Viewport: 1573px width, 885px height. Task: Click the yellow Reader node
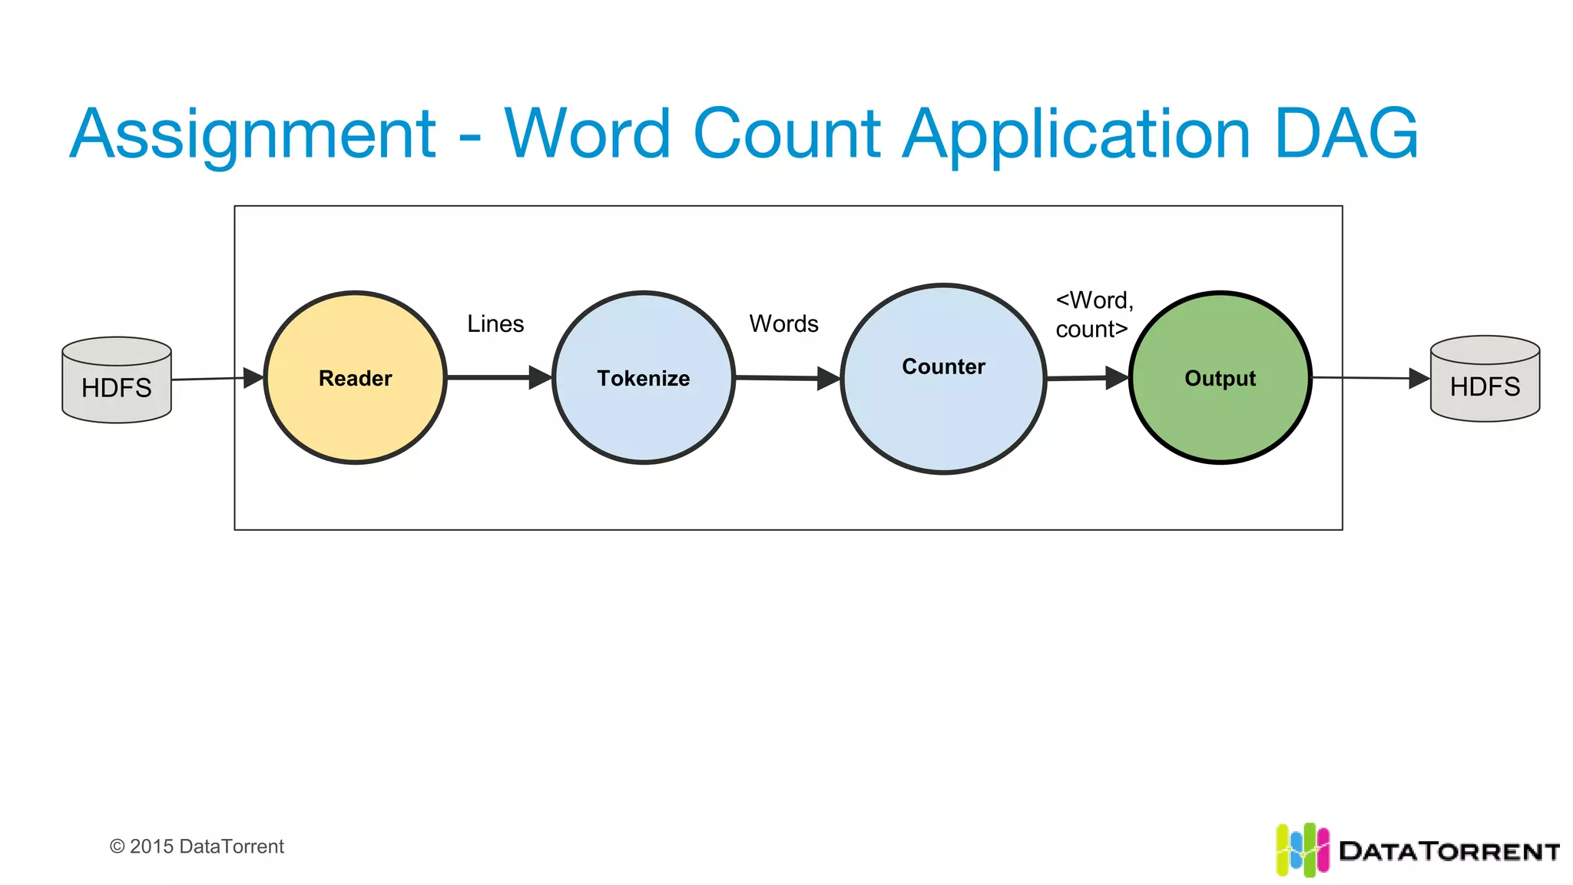(x=355, y=377)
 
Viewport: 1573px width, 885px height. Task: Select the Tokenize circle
(x=644, y=377)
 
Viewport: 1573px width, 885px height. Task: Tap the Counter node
(x=943, y=378)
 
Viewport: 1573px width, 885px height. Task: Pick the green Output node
(x=1220, y=377)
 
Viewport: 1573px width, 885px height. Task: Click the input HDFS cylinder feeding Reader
(x=117, y=380)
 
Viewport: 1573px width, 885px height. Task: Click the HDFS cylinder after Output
(x=1485, y=379)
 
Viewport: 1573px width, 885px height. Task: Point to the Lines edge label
(x=495, y=323)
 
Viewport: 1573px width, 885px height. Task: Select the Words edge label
(x=783, y=323)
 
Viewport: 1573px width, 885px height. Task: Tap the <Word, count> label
(x=1094, y=314)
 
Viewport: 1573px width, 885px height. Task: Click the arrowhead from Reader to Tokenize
(x=540, y=377)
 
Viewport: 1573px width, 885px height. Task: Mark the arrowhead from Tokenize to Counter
(x=828, y=378)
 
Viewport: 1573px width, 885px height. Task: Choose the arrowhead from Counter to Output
(x=1116, y=377)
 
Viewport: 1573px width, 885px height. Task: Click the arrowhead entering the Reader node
(x=253, y=377)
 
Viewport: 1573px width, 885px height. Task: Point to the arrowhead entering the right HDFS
(x=1419, y=378)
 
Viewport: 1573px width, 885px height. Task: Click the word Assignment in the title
(x=253, y=134)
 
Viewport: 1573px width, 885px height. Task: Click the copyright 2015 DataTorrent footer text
(x=197, y=846)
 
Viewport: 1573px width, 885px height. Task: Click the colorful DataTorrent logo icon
(x=1302, y=850)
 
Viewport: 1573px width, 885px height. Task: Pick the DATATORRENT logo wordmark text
(x=1449, y=851)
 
